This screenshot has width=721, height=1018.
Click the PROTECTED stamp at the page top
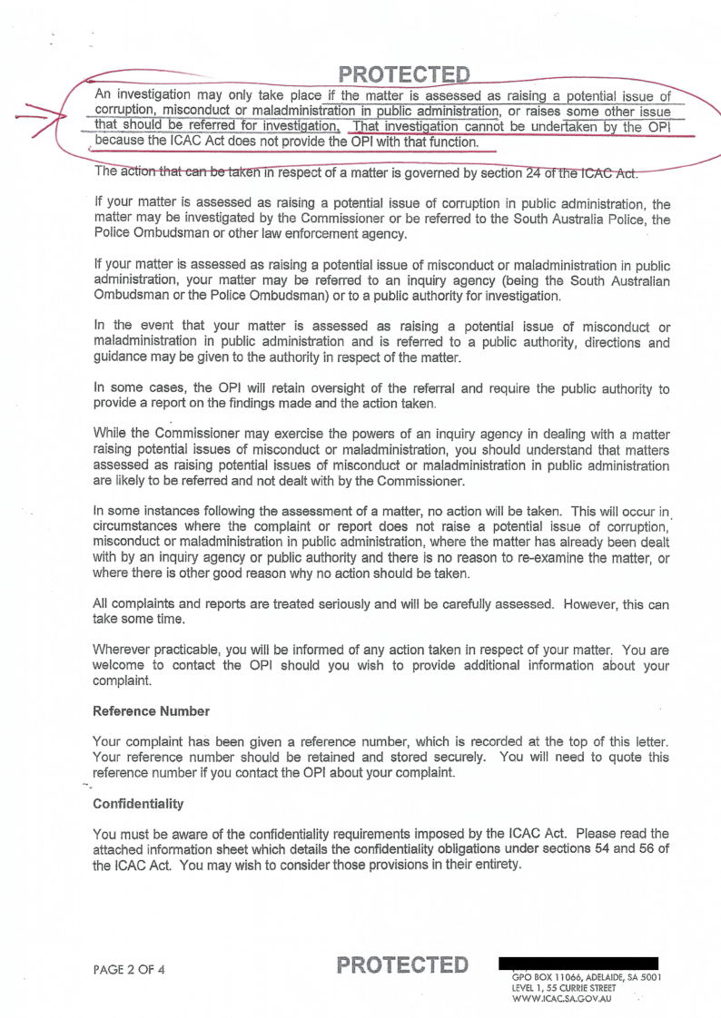coord(404,73)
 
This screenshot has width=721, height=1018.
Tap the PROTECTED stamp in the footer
coord(402,964)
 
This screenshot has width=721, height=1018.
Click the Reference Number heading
coord(151,710)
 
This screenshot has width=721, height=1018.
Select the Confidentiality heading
coord(138,804)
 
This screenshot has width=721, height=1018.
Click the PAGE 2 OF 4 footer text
coord(129,969)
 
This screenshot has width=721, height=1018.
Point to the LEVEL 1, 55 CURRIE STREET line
coord(564,987)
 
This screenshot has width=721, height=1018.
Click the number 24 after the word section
coord(544,173)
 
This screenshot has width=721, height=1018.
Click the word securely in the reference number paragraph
coord(462,757)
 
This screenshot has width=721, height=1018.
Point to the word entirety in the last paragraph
coord(495,865)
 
